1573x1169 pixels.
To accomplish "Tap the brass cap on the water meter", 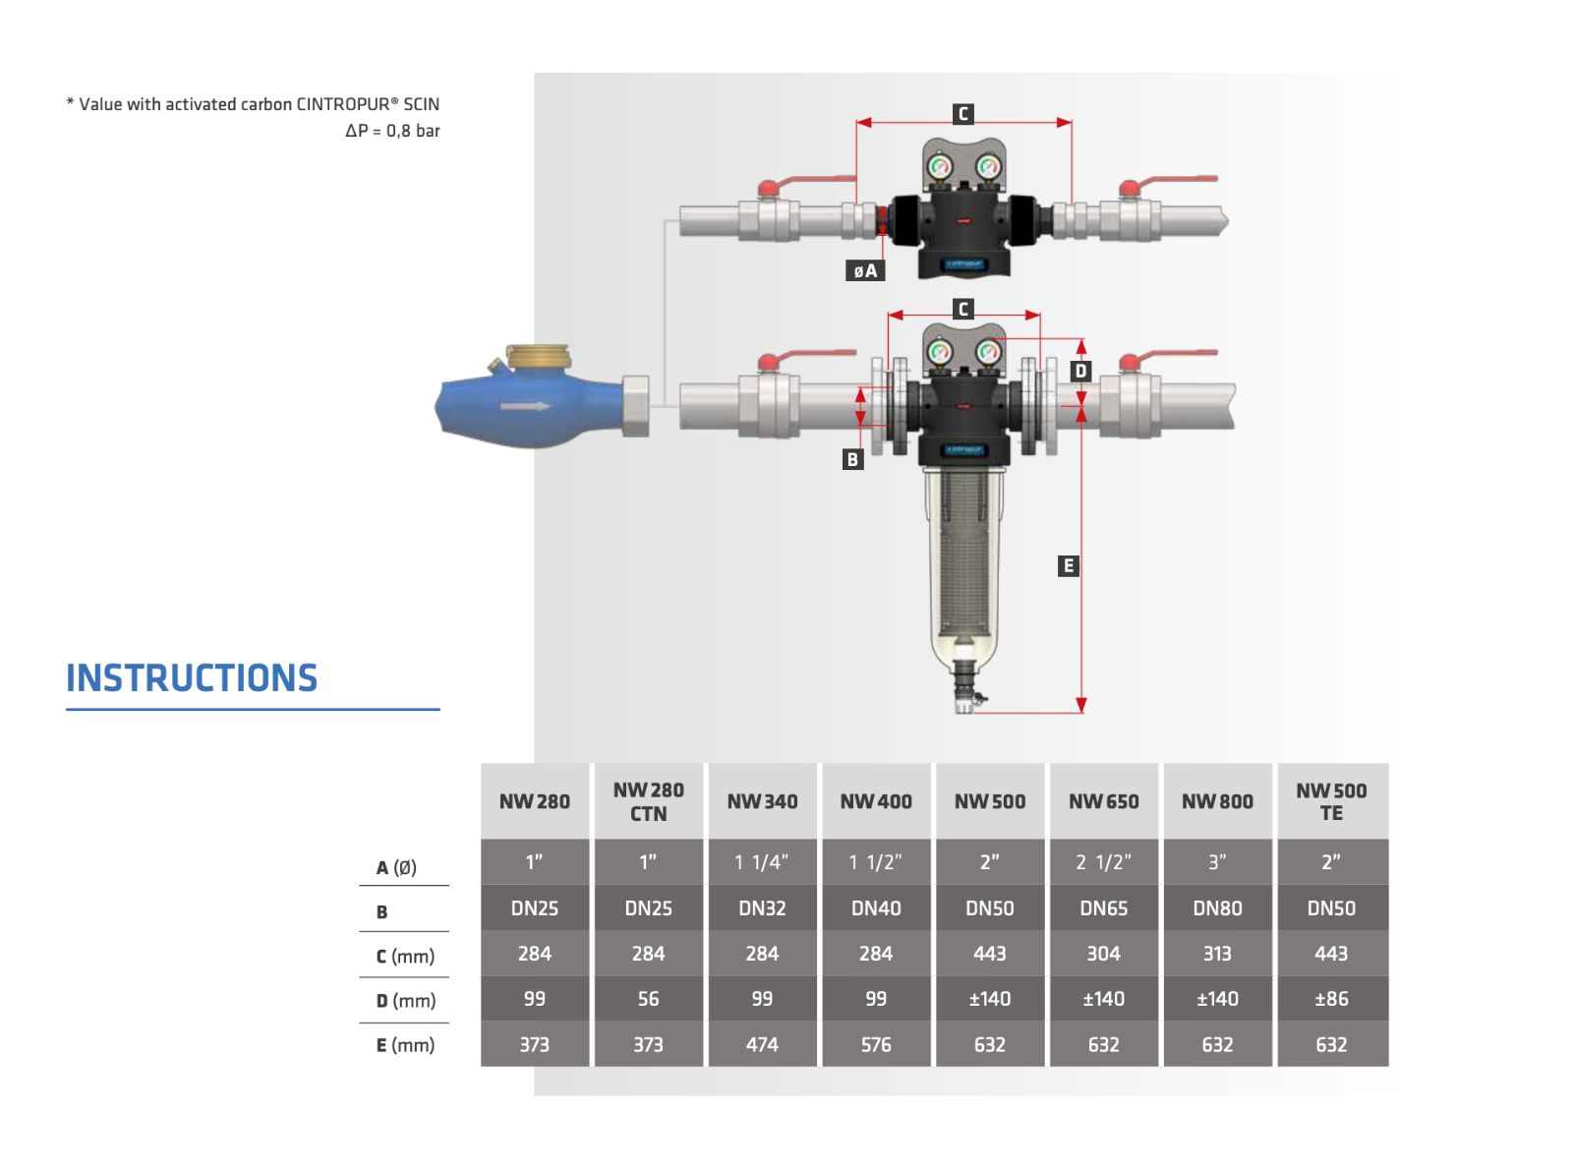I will [x=537, y=356].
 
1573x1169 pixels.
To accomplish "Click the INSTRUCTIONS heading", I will [x=192, y=678].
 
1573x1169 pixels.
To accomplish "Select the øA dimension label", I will [x=865, y=270].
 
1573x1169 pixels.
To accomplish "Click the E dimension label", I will [x=1069, y=565].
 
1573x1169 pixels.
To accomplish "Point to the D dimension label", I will [x=1080, y=371].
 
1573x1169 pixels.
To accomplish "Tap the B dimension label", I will [x=852, y=459].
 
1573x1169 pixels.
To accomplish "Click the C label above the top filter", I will [x=963, y=114].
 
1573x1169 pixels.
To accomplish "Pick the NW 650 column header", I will [x=1103, y=801].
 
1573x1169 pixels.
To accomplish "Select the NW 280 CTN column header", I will [x=648, y=801].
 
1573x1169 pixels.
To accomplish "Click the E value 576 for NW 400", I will [x=876, y=1044].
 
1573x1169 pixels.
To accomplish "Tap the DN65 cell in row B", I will [x=1103, y=908].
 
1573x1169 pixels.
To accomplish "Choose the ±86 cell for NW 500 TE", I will [x=1331, y=999].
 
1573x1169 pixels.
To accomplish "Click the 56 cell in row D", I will [x=648, y=999].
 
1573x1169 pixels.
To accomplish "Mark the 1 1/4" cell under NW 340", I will [x=762, y=862].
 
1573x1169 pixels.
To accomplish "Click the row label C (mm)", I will [x=405, y=956].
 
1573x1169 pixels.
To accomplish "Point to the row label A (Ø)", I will [x=396, y=867].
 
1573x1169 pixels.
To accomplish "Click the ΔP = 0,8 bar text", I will [x=392, y=131].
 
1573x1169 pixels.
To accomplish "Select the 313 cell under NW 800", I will [x=1217, y=954].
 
